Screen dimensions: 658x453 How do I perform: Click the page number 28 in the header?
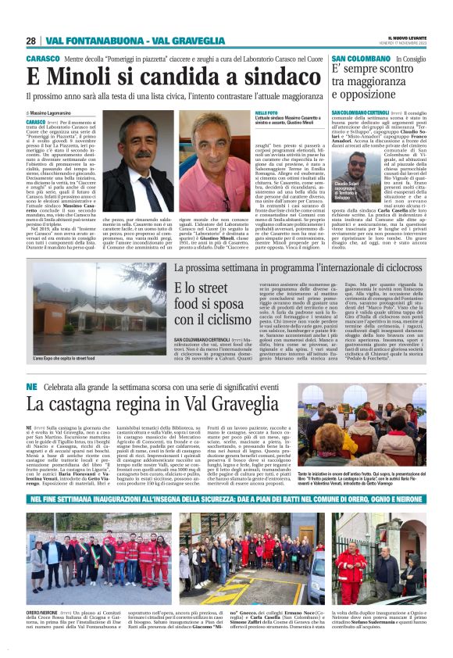31,41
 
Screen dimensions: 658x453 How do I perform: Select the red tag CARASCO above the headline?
41,59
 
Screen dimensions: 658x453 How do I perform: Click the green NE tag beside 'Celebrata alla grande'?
31,387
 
